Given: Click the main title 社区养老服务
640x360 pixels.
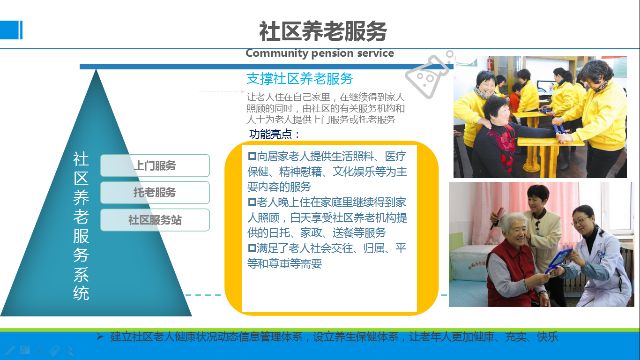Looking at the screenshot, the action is (323, 31).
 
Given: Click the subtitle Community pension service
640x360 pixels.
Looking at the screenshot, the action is (320, 53).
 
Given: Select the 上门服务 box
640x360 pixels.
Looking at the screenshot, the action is (155, 165).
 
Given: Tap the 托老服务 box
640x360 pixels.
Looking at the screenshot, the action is (155, 193).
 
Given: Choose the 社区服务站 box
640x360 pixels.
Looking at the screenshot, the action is (155, 220).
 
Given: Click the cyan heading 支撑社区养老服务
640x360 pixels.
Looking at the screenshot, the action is (300, 79).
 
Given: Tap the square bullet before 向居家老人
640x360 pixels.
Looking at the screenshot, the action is (252, 156).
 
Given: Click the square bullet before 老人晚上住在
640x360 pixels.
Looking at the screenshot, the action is (252, 202).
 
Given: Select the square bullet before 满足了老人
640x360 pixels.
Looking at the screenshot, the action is (252, 247).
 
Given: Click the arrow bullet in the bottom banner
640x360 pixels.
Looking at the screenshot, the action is (100, 337).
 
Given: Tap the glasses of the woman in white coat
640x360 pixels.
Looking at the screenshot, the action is (580, 221).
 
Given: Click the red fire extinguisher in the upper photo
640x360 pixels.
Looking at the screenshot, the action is (490, 64).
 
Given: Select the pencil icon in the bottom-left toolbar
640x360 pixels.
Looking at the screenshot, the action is (9, 350).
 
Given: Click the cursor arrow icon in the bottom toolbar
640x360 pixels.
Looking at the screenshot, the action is (70, 350).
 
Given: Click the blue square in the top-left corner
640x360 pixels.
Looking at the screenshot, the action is (11, 30).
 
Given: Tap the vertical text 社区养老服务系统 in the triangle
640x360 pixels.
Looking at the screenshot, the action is (81, 226).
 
